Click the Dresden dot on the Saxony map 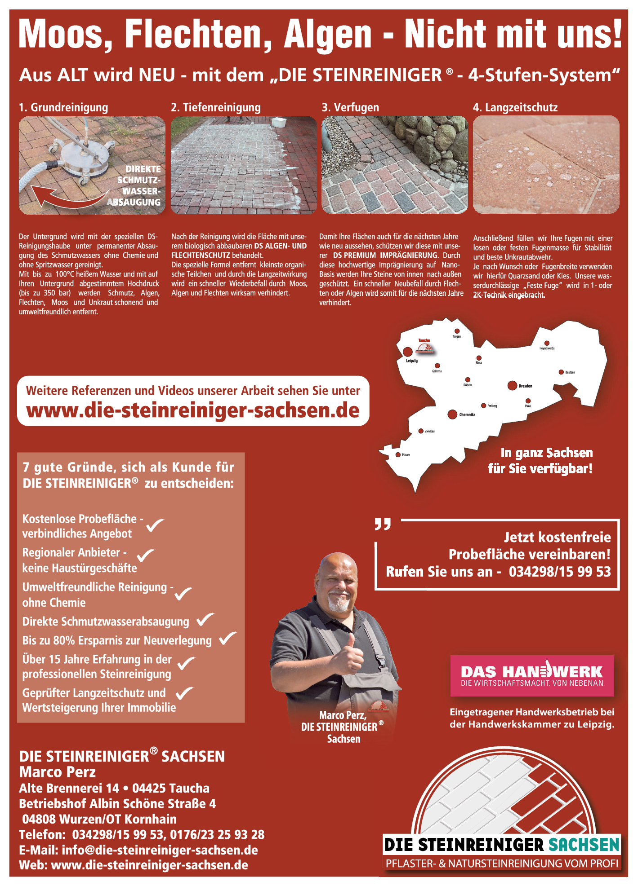pos(512,385)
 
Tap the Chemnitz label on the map pos(467,414)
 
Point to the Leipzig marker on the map pos(408,351)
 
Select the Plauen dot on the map pos(398,455)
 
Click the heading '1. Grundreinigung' pos(63,108)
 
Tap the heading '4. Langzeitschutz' pos(515,108)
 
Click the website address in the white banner pos(193,410)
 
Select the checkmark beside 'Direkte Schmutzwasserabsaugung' pos(205,619)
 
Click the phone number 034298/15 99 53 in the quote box pos(560,572)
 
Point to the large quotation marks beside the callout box pos(383,524)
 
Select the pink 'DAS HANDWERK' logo pos(532,675)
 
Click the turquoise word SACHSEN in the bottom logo pos(584,845)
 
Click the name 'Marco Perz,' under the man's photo pos(343,715)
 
